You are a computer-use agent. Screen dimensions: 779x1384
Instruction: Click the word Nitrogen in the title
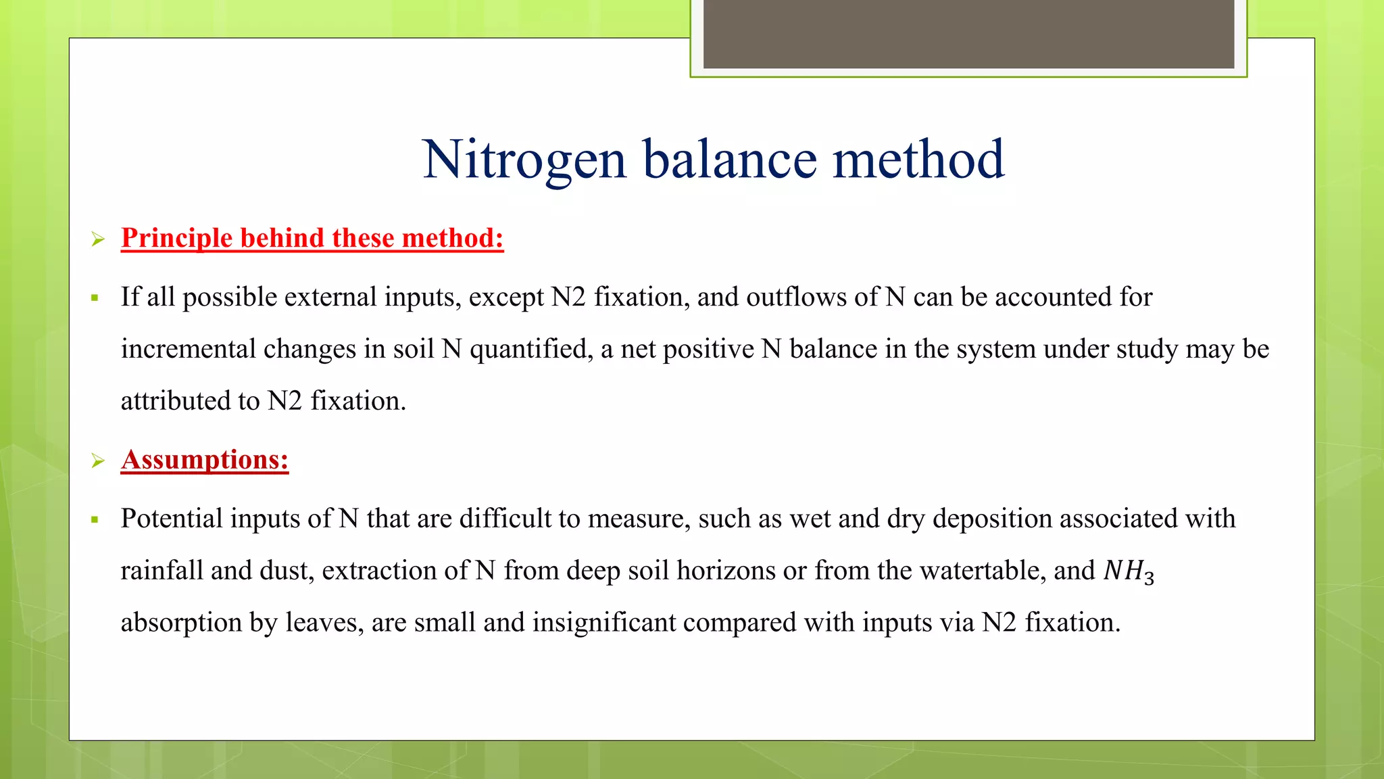coord(524,160)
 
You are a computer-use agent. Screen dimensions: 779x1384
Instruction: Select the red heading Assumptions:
coord(205,460)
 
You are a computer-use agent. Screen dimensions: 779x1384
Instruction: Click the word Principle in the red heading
coord(176,238)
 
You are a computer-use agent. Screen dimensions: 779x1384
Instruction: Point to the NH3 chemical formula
coord(1128,571)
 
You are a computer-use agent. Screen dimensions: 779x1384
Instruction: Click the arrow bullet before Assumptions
coord(99,461)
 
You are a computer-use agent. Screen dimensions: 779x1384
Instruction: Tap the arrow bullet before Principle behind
coord(99,239)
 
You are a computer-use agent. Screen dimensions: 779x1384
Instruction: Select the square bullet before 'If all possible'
coord(95,298)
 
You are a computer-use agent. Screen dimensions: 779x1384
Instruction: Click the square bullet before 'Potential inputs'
coord(95,519)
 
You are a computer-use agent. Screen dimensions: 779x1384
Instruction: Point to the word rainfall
coord(162,571)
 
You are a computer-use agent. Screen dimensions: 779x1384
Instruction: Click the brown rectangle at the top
coord(968,34)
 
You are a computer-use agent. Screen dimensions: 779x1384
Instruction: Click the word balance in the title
coord(729,160)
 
